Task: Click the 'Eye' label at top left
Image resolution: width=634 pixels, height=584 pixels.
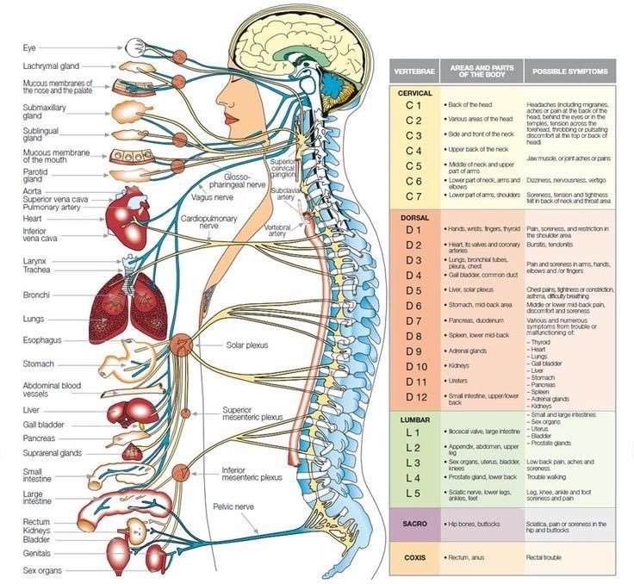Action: tap(29, 47)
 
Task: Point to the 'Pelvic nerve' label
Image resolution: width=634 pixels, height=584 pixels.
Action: tap(234, 506)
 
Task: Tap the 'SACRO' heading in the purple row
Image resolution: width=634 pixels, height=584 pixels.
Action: tap(414, 523)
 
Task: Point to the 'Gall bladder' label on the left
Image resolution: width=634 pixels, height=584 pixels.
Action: tap(45, 425)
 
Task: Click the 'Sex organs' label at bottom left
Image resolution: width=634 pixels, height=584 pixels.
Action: tap(44, 570)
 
